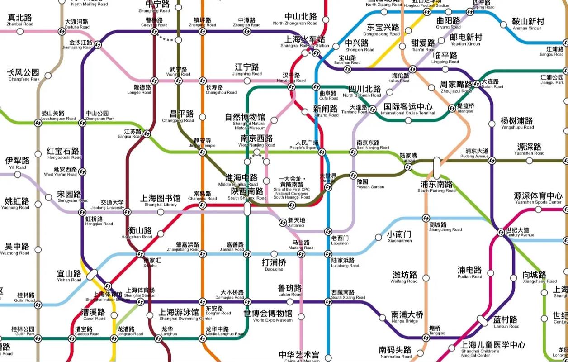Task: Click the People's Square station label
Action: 307,145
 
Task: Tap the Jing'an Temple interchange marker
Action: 203,152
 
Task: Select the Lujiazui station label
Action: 408,157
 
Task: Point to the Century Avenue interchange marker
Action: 501,233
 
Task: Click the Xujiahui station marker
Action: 140,254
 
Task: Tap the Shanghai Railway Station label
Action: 305,42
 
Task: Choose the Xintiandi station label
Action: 297,223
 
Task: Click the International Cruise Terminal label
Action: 408,109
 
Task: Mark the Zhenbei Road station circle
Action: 20,31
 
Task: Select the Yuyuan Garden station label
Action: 370,184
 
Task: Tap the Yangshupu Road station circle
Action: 492,124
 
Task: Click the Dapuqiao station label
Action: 274,265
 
